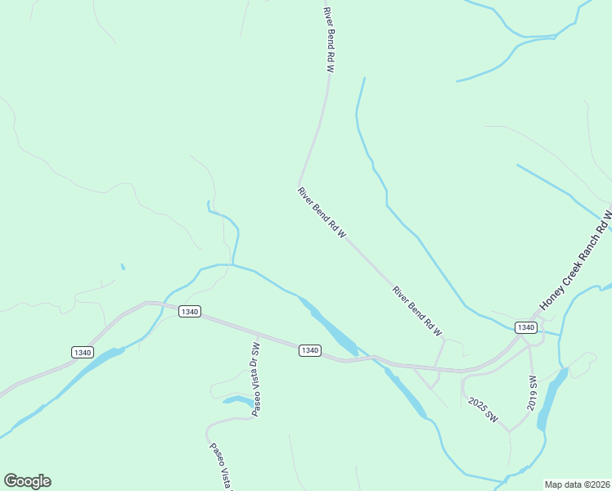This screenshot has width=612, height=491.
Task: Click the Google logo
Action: pos(27,481)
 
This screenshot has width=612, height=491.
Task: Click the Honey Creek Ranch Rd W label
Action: pos(576,260)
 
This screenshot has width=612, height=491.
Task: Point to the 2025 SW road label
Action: pos(484,409)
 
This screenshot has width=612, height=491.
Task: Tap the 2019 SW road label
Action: pos(532,393)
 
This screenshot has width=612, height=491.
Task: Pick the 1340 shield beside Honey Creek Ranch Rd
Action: pos(525,327)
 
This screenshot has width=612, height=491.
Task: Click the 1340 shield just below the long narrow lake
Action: pos(308,350)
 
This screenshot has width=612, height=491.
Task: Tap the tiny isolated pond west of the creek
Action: pos(123,266)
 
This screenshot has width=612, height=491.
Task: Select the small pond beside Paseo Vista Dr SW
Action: pos(239,401)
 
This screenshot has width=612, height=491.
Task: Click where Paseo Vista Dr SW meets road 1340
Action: pos(257,335)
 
